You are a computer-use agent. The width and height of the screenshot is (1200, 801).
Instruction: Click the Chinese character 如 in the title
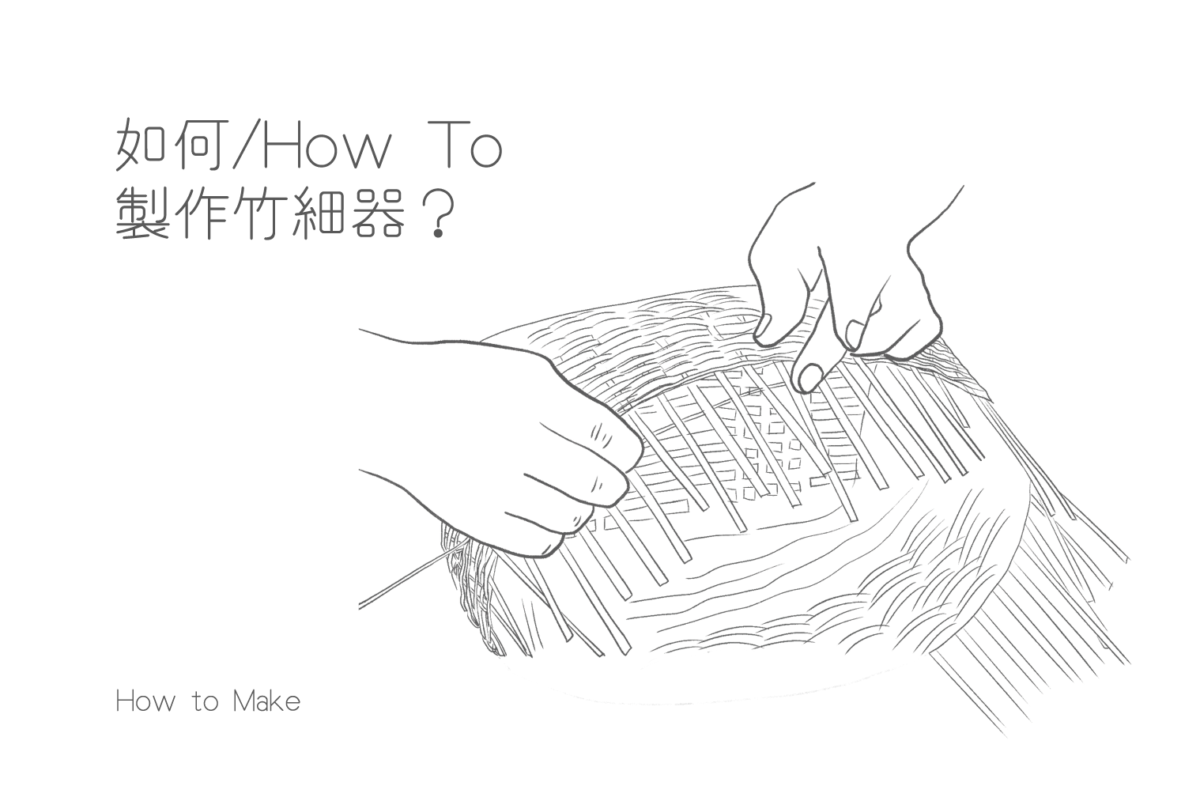pyautogui.click(x=141, y=144)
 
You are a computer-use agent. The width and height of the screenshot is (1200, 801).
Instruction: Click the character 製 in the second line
pyautogui.click(x=142, y=213)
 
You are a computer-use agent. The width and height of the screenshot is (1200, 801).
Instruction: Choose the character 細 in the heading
pyautogui.click(x=320, y=213)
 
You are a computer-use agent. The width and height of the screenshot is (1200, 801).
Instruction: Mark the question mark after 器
pyautogui.click(x=438, y=214)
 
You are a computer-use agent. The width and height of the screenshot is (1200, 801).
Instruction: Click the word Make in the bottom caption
pyautogui.click(x=266, y=701)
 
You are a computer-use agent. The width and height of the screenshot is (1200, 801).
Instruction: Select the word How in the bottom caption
pyautogui.click(x=145, y=701)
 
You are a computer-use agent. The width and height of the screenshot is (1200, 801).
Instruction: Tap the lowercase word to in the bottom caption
pyautogui.click(x=205, y=703)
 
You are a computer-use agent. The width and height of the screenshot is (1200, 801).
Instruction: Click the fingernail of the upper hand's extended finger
pyautogui.click(x=810, y=377)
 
